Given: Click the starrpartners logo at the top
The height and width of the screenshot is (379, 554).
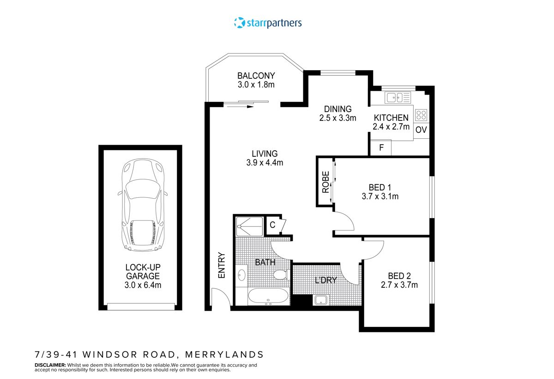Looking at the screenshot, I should point(268,22).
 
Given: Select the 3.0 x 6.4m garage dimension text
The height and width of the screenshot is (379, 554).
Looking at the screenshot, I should point(143,285).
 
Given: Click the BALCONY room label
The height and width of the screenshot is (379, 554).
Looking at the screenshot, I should point(256,76).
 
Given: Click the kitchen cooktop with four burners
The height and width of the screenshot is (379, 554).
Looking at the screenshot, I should point(422,115).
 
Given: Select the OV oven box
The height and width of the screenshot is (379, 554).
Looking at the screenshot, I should point(421,130).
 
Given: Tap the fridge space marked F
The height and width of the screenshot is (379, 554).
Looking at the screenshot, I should point(381,148).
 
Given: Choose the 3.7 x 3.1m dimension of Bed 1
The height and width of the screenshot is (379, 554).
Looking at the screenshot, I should point(380,196).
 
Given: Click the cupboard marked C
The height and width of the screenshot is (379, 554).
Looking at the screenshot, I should point(272,225).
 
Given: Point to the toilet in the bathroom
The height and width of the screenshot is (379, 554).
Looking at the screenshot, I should point(280,276).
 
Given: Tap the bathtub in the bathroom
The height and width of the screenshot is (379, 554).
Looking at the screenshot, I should point(268,296).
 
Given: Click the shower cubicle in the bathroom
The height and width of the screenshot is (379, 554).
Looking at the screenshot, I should point(249,226).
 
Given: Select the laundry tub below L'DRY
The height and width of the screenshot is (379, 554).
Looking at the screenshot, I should point(321,301).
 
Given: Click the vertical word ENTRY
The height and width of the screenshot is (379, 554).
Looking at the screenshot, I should point(222,265).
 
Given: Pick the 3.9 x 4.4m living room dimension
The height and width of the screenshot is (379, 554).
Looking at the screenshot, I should point(265,162).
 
